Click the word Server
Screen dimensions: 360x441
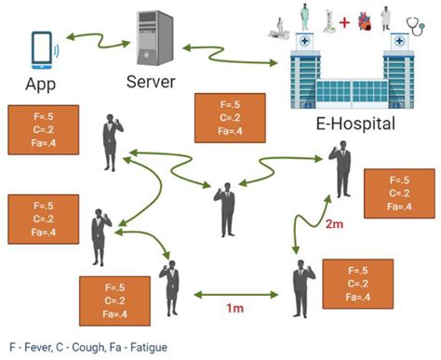click(151, 82)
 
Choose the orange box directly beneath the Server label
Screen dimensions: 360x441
click(220, 118)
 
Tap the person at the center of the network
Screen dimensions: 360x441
click(225, 207)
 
